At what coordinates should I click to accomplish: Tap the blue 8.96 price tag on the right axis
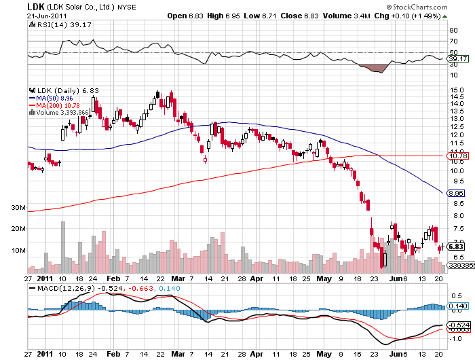point(454,193)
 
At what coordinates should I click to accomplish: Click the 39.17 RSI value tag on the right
point(454,59)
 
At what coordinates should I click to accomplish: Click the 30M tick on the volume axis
point(18,207)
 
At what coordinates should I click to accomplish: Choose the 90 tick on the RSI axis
point(452,31)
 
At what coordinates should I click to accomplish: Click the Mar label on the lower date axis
point(178,354)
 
